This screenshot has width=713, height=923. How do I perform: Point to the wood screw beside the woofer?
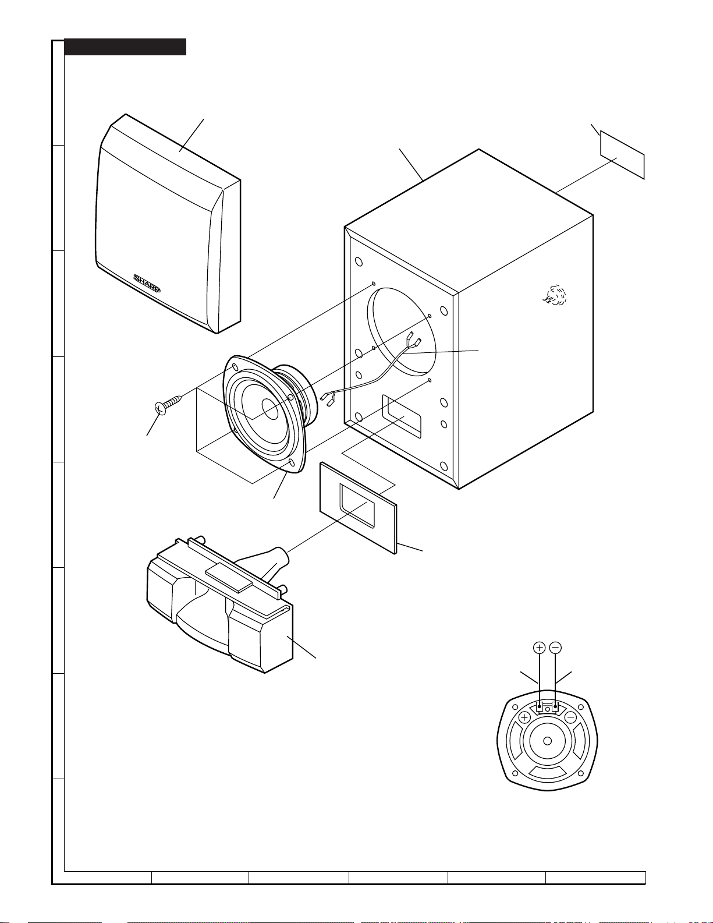point(169,403)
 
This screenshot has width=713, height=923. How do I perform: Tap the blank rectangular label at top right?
point(622,154)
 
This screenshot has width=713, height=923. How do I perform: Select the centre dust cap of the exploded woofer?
point(271,408)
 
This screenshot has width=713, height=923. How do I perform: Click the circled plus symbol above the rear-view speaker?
point(540,647)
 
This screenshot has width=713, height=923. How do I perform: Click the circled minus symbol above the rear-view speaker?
point(555,647)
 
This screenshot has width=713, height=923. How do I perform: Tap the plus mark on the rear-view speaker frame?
point(524,717)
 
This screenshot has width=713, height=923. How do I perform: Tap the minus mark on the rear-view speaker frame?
point(571,717)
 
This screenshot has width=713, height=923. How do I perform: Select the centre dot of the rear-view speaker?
point(547,741)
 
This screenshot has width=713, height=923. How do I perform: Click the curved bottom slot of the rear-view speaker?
point(547,773)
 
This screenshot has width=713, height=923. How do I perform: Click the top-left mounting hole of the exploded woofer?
point(235,367)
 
